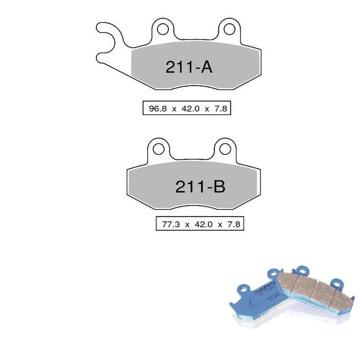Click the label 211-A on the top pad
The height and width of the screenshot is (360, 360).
coord(189,67)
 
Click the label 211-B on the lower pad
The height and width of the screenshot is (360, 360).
coord(200,187)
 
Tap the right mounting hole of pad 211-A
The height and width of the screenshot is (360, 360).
coord(229,29)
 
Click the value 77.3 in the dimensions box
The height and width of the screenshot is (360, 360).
coord(169,224)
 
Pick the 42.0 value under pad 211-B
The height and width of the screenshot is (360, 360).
coord(201,224)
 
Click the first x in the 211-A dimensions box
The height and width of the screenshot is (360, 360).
coord(173,109)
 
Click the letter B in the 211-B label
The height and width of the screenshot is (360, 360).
coord(218,187)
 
